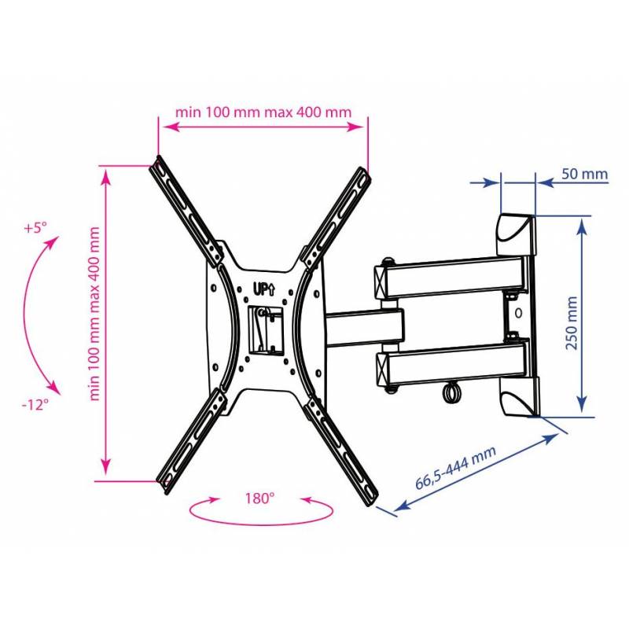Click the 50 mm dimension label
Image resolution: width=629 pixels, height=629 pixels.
click(584, 175)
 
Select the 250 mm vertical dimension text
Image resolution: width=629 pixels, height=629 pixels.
click(572, 323)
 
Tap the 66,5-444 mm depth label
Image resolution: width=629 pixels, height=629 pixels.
click(456, 468)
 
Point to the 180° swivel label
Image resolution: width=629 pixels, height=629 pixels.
click(260, 498)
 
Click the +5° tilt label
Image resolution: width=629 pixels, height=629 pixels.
click(35, 228)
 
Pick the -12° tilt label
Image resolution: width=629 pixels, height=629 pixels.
click(35, 404)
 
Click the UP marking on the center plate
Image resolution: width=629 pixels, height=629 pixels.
click(264, 289)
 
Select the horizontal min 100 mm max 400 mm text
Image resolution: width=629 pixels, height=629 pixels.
click(263, 112)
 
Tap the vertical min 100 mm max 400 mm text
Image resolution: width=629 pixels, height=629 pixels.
click(94, 314)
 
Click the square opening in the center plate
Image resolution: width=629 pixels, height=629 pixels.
click(266, 331)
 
